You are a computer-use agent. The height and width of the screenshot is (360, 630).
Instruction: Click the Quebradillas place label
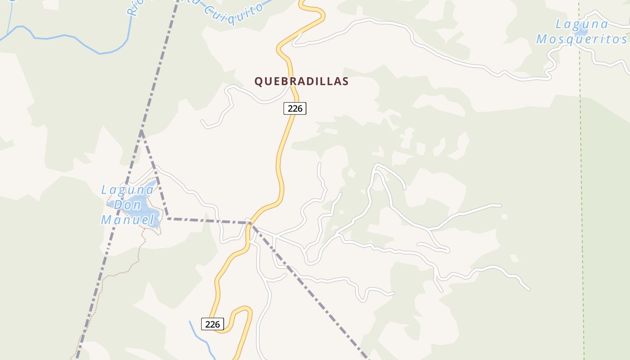tap(301, 81)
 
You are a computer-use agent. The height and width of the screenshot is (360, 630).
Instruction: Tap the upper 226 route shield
tap(295, 108)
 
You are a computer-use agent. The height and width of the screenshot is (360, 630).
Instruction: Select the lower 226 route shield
tap(212, 324)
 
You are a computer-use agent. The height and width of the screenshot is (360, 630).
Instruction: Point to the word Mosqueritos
tap(581, 39)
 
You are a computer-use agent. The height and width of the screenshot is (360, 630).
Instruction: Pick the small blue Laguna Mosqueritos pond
tap(580, 31)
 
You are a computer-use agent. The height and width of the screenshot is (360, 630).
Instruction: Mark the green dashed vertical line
tap(581, 180)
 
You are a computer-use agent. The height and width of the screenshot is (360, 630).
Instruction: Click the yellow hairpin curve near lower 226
tap(243, 310)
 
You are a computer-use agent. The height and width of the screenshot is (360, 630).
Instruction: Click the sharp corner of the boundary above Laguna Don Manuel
tap(141, 130)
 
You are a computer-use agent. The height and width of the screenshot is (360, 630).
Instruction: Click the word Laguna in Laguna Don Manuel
tap(127, 190)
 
